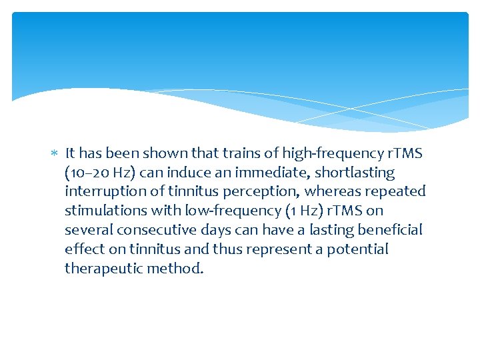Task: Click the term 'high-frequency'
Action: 319,154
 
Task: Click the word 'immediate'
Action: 261,173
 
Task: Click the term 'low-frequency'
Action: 235,211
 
